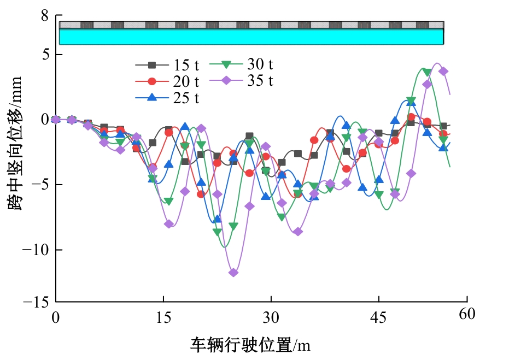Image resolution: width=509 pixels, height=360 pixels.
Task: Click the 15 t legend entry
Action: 167,65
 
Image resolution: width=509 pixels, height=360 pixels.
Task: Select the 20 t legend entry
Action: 167,81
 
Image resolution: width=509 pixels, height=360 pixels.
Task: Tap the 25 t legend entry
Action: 167,98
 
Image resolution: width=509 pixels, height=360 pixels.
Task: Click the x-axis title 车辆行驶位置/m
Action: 250,345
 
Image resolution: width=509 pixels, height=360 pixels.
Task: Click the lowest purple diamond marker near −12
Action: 233,273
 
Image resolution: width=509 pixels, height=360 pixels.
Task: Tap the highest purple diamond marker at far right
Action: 443,72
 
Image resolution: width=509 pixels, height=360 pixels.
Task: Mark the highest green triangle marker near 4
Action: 427,72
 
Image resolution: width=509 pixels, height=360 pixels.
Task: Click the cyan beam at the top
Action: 251,37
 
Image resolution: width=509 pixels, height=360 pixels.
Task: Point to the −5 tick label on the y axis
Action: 42,185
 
